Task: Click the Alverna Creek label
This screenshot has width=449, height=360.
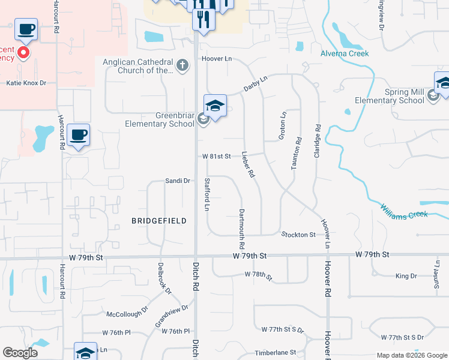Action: click(x=344, y=53)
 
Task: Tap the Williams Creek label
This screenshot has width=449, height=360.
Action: click(x=403, y=211)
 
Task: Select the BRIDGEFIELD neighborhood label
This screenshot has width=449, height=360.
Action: click(x=159, y=221)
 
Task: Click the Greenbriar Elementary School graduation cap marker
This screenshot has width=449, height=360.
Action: click(x=215, y=107)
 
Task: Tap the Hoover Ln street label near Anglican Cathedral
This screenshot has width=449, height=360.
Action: click(x=217, y=60)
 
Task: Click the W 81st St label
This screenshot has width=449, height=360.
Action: click(x=216, y=156)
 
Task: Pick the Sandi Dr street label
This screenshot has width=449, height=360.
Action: click(x=178, y=181)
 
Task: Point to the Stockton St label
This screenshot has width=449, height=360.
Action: click(x=298, y=235)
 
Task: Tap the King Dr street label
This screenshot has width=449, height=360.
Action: click(x=406, y=276)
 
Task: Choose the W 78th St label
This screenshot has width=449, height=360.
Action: click(x=259, y=275)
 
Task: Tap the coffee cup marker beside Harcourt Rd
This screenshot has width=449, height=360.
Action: click(x=78, y=134)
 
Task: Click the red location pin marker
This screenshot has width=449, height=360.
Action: click(x=23, y=53)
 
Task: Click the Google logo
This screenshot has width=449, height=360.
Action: click(x=20, y=353)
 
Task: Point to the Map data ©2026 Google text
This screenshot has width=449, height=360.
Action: click(x=411, y=355)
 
